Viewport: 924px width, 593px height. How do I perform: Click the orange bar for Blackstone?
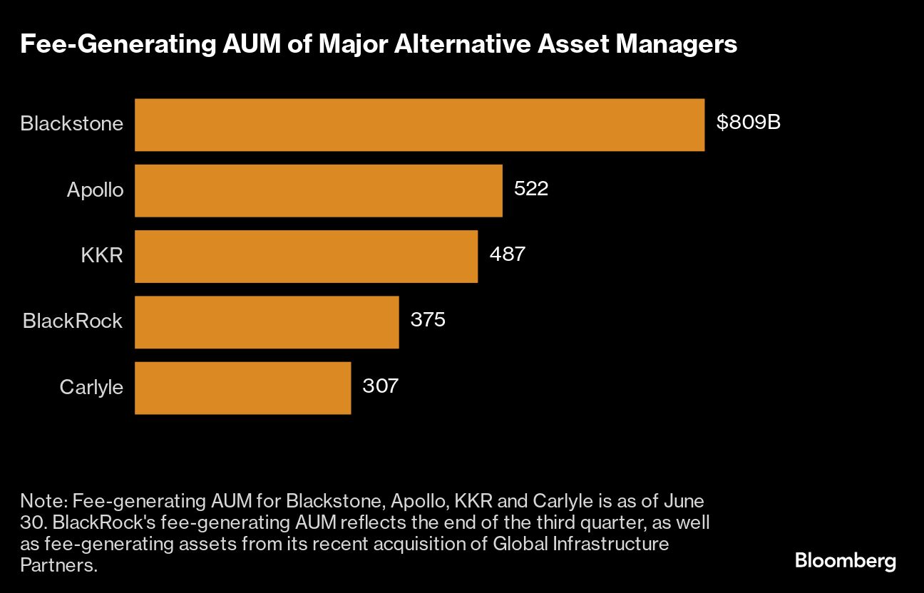[419, 125]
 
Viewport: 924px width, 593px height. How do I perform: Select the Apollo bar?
[318, 190]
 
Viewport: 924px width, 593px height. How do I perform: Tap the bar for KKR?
[306, 256]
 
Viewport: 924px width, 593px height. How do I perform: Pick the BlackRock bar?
[267, 322]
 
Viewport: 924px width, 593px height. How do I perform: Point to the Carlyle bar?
[242, 388]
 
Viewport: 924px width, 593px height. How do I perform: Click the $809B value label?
[749, 123]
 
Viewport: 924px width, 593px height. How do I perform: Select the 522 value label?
[531, 189]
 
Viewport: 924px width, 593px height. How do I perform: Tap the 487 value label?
[507, 254]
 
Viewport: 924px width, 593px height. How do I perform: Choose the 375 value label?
[428, 320]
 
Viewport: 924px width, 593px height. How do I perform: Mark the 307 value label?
[380, 386]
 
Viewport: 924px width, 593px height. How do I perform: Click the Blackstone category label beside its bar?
[71, 123]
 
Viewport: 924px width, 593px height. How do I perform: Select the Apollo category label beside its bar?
[95, 190]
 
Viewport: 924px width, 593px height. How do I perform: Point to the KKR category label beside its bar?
[102, 255]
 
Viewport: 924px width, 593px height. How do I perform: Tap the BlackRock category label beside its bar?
[73, 321]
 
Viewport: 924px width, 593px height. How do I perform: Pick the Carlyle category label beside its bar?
[91, 387]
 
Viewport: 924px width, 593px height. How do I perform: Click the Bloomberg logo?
[845, 561]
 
